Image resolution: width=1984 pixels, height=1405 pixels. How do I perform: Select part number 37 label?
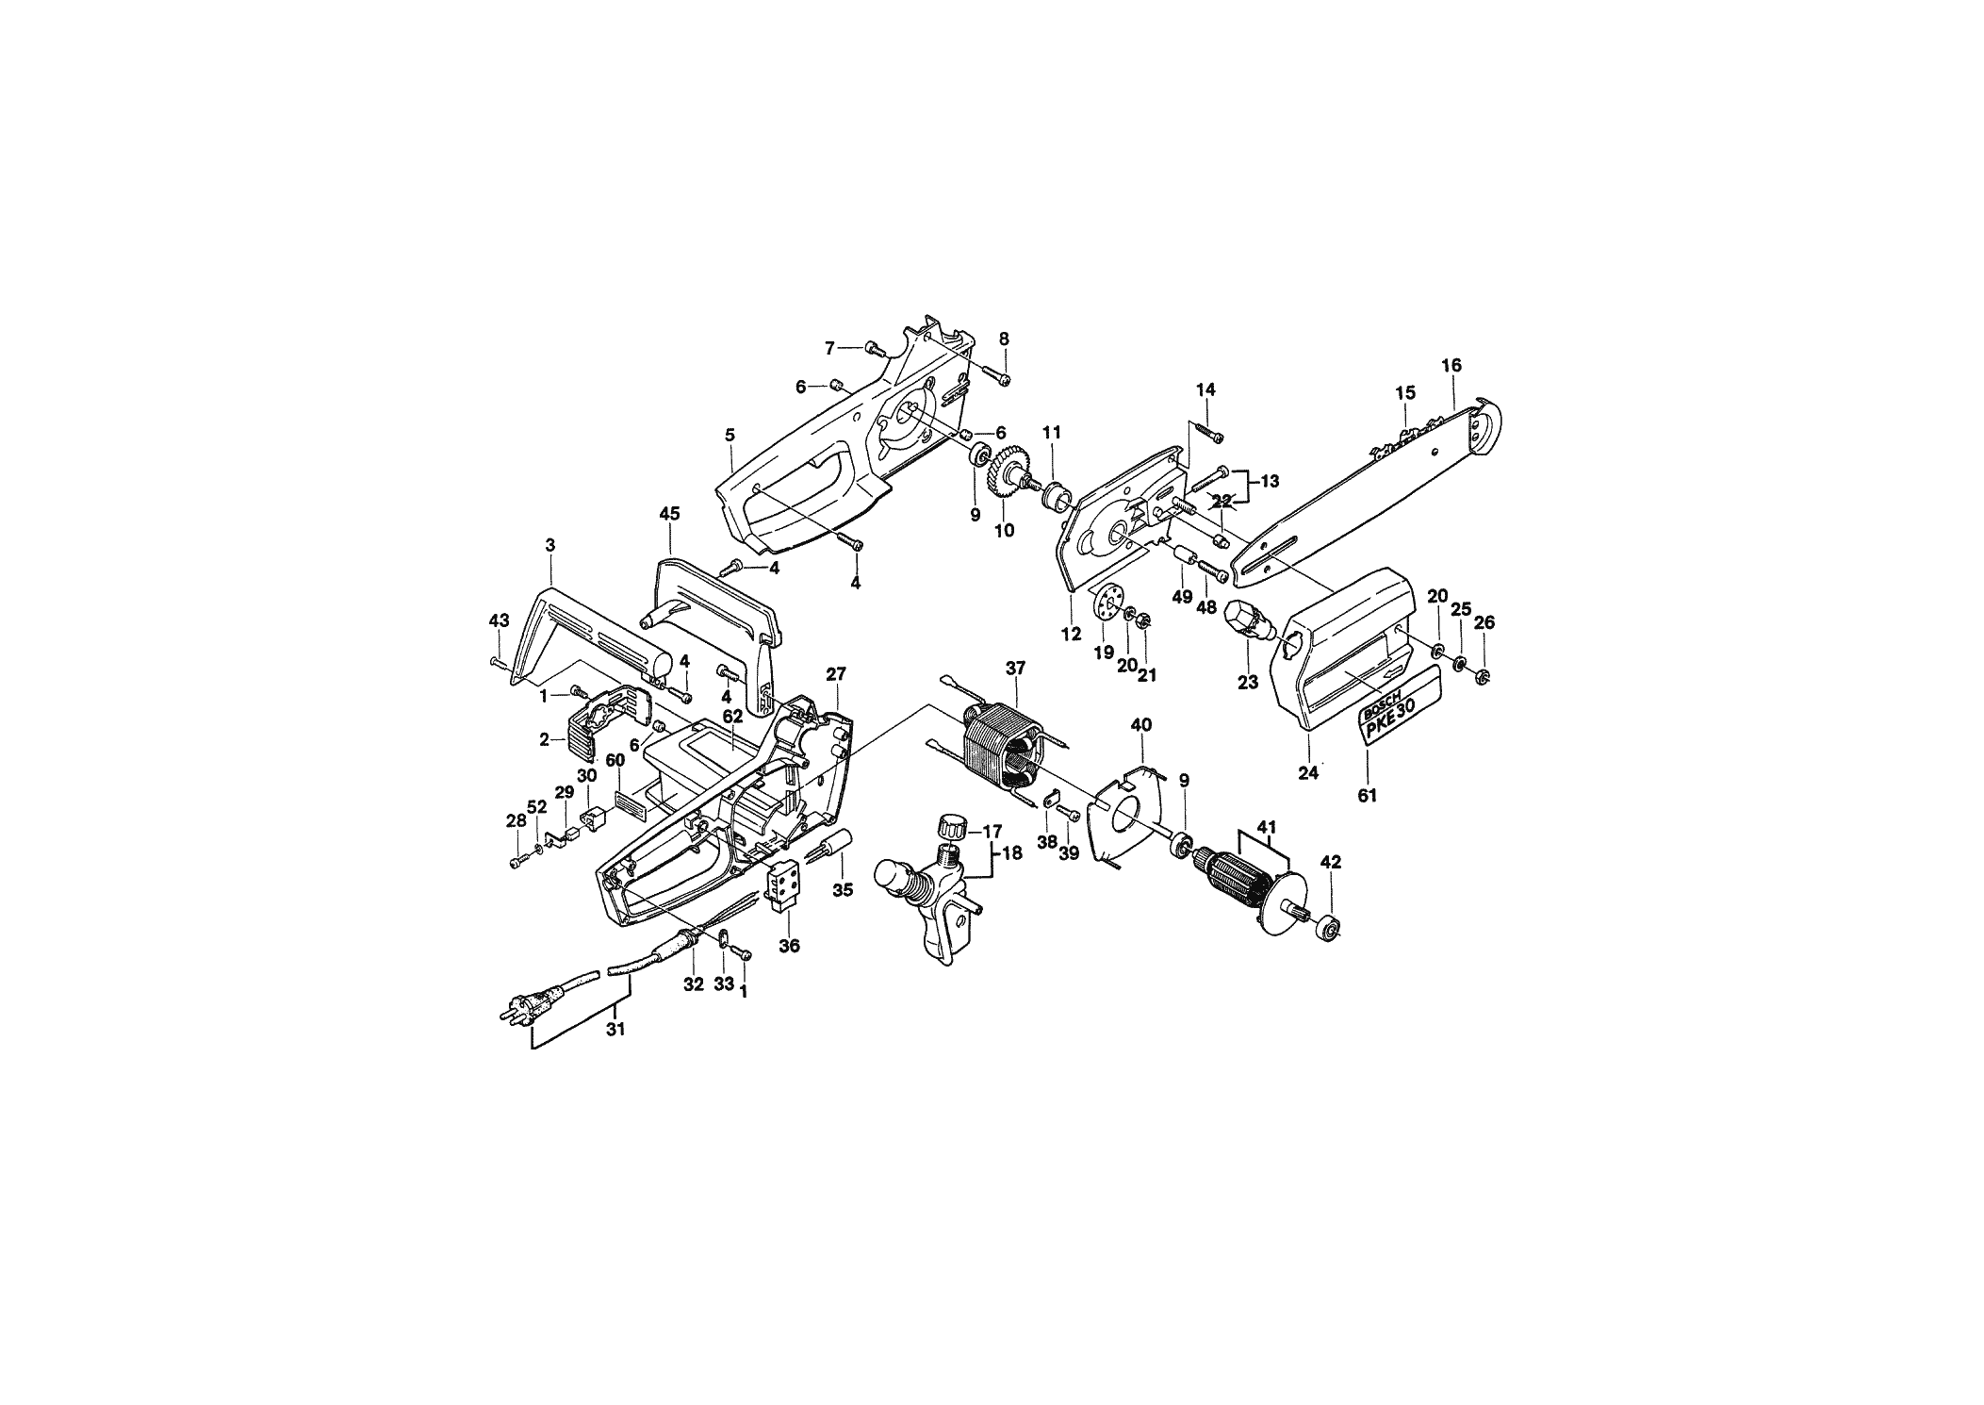(1014, 669)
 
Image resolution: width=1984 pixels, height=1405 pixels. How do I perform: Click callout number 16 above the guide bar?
(1451, 365)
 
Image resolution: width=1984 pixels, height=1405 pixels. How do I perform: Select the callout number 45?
(669, 514)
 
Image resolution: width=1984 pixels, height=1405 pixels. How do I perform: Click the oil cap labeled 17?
(953, 830)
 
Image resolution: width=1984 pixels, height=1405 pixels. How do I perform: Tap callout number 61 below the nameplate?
(1367, 796)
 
